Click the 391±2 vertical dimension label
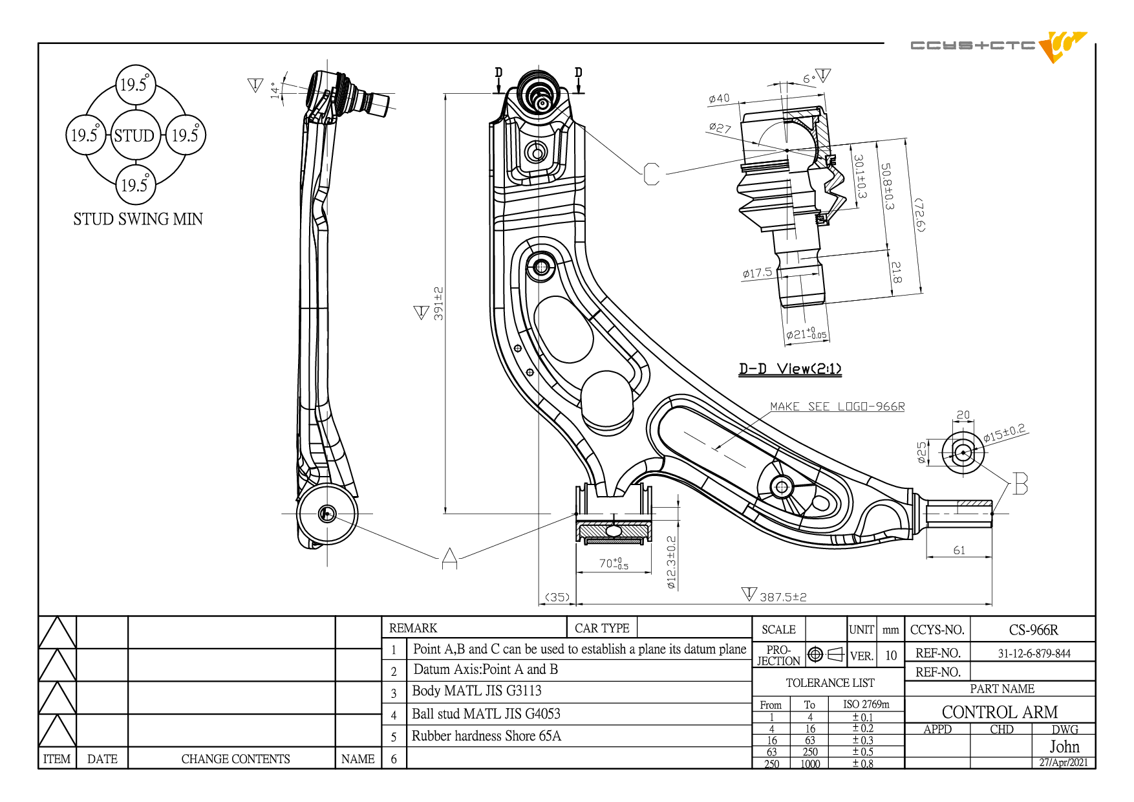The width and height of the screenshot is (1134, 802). (438, 303)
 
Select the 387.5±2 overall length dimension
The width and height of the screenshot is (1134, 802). (783, 597)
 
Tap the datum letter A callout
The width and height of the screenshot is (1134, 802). (450, 558)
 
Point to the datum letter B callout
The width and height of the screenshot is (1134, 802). (1020, 484)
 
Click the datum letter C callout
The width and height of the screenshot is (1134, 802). (652, 174)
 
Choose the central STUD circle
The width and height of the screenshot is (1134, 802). (135, 135)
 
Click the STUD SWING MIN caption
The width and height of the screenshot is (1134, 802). (138, 219)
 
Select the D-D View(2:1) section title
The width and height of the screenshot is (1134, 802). (790, 369)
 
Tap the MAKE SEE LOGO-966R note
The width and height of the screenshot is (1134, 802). (837, 407)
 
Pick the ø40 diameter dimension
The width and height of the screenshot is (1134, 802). (719, 98)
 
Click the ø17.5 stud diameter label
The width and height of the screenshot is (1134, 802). (757, 273)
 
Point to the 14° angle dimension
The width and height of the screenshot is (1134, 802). (276, 90)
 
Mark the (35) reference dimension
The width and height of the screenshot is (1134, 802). (557, 597)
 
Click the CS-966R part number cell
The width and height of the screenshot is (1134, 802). (1033, 630)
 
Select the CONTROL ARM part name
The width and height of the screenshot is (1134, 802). (1000, 712)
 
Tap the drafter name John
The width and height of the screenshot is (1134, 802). (1064, 747)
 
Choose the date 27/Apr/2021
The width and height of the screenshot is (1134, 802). (1064, 763)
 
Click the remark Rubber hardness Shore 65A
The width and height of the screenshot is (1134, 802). (486, 736)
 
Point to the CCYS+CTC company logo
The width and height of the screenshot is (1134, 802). (999, 46)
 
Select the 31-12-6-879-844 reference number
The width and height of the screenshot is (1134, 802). (1034, 653)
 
